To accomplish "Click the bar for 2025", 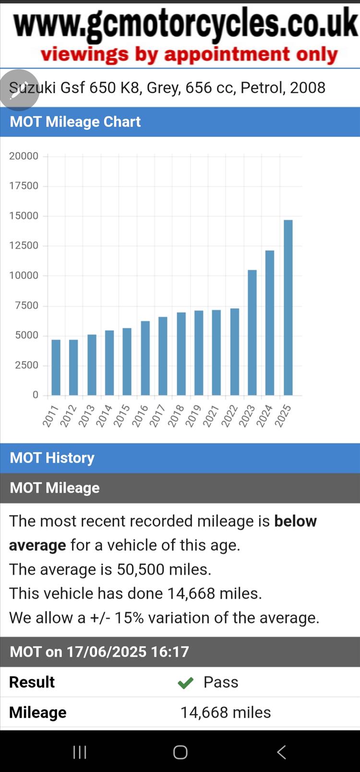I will (x=288, y=307).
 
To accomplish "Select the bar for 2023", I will (x=252, y=332).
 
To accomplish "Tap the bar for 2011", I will (x=56, y=367).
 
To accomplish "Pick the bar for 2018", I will (x=181, y=353).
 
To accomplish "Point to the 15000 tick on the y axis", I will (x=24, y=216).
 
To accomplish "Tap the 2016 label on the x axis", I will (x=140, y=416).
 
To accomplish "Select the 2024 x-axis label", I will (x=264, y=416).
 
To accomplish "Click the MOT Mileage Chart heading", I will (x=75, y=122).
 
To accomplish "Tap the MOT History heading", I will (x=52, y=458).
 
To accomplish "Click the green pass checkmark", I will (x=185, y=682).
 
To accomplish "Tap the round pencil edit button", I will (x=19, y=90).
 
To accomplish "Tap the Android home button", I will (x=180, y=752).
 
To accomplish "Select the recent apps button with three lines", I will (x=80, y=752).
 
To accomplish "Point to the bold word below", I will (x=295, y=521).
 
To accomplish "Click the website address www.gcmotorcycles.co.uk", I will (x=185, y=24).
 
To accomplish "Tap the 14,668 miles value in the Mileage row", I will (x=226, y=712).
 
